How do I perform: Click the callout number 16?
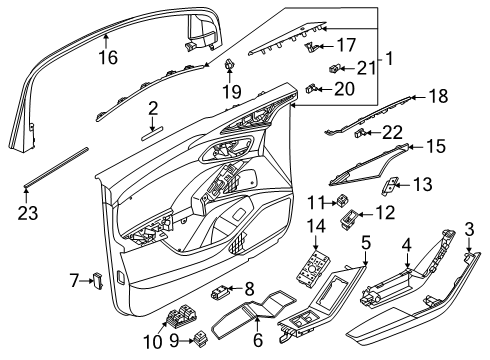tap(108, 57)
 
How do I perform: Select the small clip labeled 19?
tap(229, 63)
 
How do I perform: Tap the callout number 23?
tap(28, 213)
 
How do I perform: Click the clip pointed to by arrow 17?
tap(310, 47)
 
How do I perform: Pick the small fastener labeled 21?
tap(334, 68)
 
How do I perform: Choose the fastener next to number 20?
tap(311, 88)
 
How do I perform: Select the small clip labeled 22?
tap(359, 133)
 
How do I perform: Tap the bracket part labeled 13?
tap(389, 186)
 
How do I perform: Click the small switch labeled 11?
tap(342, 201)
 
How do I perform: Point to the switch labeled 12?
tap(349, 218)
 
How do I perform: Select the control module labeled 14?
tap(313, 269)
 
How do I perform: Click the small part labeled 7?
tap(98, 280)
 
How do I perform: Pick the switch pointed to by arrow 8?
tap(219, 292)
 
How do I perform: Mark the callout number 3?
tap(469, 229)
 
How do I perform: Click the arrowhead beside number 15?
tap(411, 146)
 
